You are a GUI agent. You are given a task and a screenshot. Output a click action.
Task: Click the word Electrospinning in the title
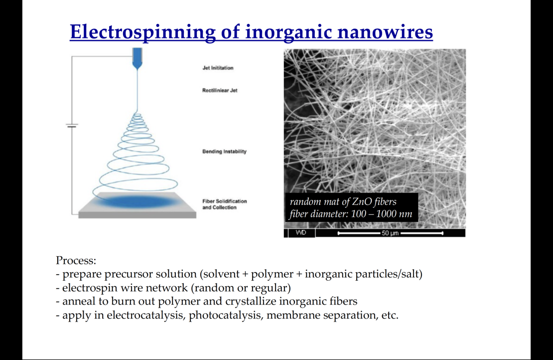tap(142, 32)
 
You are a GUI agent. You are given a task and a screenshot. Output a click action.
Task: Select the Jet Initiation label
tap(218, 68)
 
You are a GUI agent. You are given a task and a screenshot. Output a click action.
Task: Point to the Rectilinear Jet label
tap(220, 90)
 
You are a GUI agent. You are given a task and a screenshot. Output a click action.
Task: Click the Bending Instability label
tap(224, 152)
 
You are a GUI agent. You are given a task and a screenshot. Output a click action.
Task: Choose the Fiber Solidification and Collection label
tap(224, 204)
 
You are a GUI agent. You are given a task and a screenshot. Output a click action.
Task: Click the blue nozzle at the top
tap(137, 58)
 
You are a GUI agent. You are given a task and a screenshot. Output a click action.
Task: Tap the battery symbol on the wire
tap(72, 125)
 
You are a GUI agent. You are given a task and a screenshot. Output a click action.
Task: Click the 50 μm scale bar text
tap(390, 233)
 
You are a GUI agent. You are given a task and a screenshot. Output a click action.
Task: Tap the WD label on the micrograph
tap(301, 233)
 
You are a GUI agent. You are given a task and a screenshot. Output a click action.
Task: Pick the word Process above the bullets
tap(76, 260)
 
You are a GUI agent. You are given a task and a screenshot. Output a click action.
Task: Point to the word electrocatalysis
tap(146, 315)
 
